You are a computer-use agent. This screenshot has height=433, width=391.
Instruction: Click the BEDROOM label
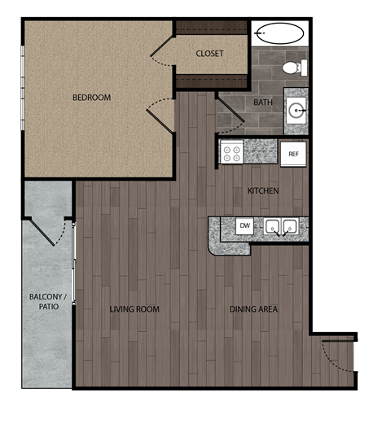tap(91, 98)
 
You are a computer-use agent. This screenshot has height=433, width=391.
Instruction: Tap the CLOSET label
tap(209, 54)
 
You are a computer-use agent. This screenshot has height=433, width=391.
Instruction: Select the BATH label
tap(263, 103)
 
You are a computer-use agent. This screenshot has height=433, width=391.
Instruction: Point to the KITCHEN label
tap(263, 191)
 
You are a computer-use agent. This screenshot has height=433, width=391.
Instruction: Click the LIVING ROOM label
tap(134, 309)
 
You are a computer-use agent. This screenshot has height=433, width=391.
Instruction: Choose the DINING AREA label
tap(254, 309)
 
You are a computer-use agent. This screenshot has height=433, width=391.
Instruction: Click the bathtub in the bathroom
tap(280, 33)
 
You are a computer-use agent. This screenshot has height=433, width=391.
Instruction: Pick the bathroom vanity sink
tap(296, 108)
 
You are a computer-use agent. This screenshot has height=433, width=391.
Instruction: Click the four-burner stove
tap(232, 152)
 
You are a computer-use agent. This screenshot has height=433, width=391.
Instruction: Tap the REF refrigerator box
tap(293, 152)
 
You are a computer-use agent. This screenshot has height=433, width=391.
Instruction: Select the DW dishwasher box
tap(244, 225)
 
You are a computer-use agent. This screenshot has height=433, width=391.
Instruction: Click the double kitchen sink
tap(281, 227)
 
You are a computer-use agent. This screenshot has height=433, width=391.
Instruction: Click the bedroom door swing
tap(160, 112)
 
